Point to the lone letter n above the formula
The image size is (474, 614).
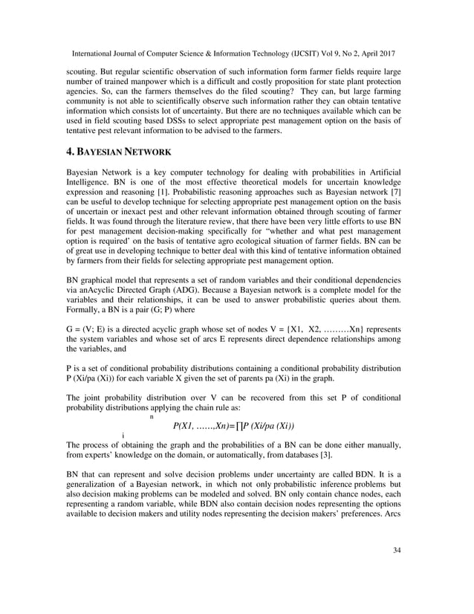(x=152, y=416)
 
